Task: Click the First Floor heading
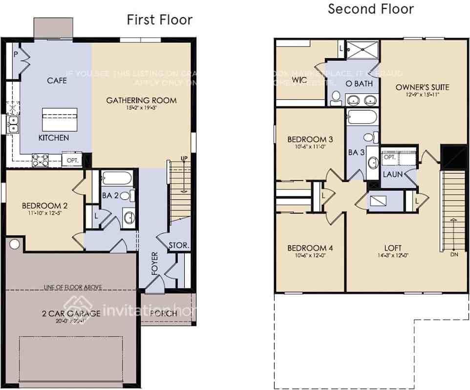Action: click(159, 20)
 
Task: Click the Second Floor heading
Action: click(370, 9)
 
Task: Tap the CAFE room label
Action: click(57, 81)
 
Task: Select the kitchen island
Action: click(60, 119)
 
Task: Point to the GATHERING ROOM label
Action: click(141, 100)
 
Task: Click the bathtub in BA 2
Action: click(116, 178)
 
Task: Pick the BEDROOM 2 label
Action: click(44, 205)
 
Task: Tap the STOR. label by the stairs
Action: click(178, 245)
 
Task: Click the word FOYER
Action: click(155, 263)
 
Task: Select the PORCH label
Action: click(164, 313)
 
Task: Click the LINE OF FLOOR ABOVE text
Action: click(72, 287)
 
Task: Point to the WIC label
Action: click(299, 80)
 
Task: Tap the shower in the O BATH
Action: click(362, 50)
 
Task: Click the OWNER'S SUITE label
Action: click(422, 87)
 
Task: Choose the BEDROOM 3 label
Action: click(310, 140)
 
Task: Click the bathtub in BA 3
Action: click(362, 118)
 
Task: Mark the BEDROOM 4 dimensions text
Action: click(310, 256)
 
